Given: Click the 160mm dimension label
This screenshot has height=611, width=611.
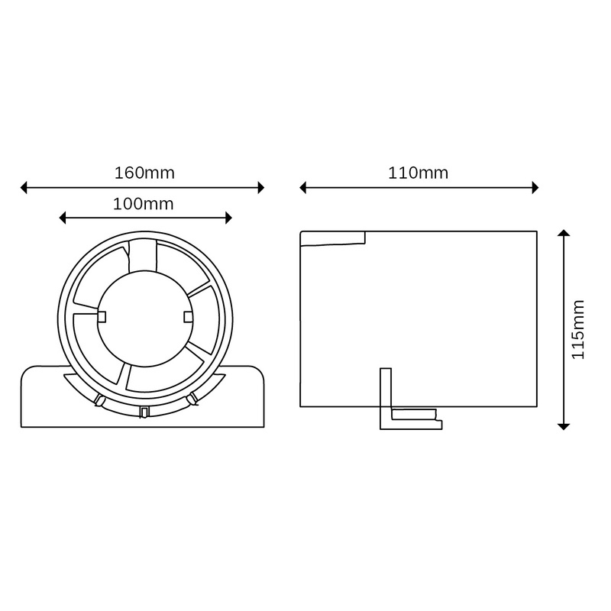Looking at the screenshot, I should click(144, 173).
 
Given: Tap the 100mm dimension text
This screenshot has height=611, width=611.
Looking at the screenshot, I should click(144, 204).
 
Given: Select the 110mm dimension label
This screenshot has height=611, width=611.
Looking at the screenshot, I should click(419, 173).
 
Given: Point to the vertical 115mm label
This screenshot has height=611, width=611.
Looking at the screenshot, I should click(578, 329).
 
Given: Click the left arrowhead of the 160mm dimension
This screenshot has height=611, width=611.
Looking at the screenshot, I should click(24, 187).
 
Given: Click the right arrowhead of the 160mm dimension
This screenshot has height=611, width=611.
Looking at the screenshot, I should click(260, 187).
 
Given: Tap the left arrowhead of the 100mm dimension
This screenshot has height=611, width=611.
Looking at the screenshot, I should click(63, 218).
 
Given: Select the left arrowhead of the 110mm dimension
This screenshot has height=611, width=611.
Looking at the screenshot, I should click(303, 187).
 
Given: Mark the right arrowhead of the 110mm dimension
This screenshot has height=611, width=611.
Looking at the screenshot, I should click(535, 187).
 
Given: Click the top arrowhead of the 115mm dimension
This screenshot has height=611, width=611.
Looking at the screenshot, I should click(564, 234).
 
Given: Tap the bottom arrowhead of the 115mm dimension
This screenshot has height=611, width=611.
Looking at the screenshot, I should click(564, 425).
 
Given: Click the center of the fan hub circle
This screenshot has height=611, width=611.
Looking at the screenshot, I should click(144, 317).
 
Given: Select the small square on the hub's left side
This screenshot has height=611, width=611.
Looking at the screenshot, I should click(101, 316).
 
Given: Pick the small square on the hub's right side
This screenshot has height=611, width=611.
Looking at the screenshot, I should click(188, 316).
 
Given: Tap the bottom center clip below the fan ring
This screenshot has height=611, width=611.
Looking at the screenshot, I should click(144, 412).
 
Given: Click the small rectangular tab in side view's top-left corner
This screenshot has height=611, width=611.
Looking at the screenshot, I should click(332, 238).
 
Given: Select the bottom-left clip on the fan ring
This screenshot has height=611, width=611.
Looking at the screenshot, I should click(99, 401).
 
